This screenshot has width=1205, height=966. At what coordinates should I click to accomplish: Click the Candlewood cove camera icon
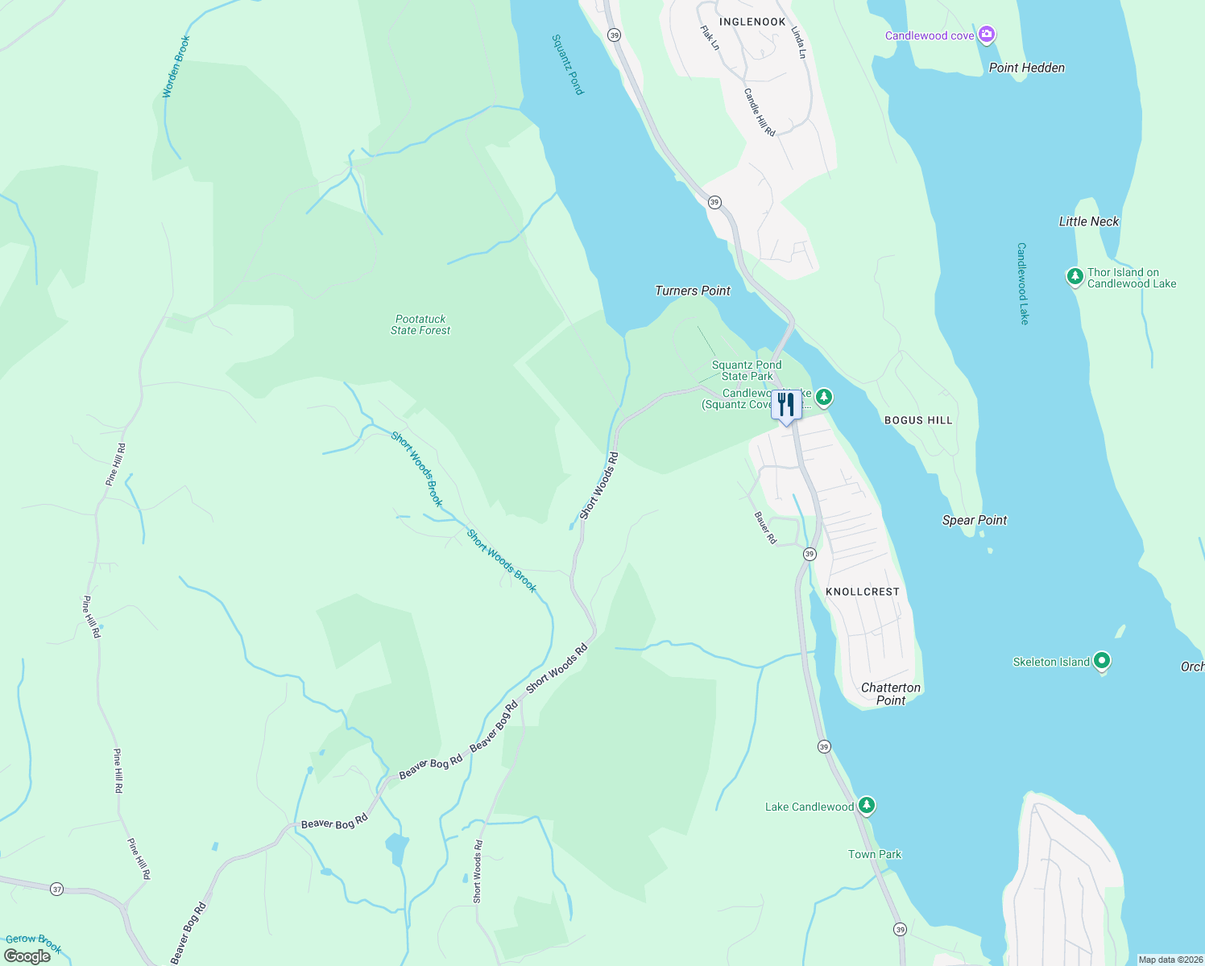(987, 35)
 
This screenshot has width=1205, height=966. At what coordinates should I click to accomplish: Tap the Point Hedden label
(1026, 68)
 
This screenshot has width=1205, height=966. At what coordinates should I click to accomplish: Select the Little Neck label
(1088, 221)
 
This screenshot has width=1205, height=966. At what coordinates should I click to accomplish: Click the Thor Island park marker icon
(1075, 277)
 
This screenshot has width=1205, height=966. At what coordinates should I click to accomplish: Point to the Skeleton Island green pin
(1102, 661)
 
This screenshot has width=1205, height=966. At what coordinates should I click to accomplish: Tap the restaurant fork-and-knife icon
(786, 404)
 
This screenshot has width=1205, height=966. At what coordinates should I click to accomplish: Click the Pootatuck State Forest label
(420, 324)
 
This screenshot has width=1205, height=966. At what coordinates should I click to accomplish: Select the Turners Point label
(693, 291)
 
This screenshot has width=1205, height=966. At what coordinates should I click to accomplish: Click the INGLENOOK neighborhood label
(752, 22)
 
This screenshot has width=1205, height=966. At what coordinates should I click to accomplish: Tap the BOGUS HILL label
(918, 420)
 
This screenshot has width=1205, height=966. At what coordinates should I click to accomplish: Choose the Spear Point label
(975, 520)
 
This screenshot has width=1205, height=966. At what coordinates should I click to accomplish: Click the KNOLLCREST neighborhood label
(862, 592)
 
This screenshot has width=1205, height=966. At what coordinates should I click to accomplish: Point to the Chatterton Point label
(891, 694)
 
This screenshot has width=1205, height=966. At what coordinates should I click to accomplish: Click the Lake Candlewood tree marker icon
(866, 805)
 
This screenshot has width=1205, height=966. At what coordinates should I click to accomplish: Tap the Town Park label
(875, 854)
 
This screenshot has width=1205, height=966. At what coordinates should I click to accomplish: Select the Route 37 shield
(56, 890)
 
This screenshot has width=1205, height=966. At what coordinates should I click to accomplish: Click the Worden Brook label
(176, 67)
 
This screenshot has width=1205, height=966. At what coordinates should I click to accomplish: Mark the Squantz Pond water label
(567, 64)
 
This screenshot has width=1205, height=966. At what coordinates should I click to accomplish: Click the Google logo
(27, 956)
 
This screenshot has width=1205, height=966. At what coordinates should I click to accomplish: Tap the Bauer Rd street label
(765, 528)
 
